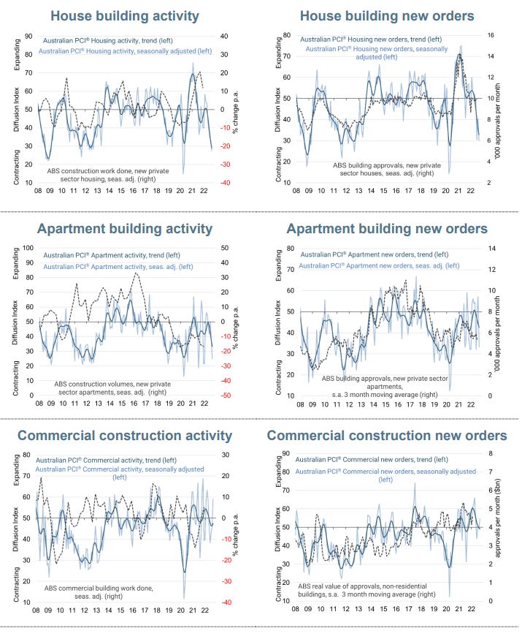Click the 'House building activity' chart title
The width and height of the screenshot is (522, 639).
coord(125,16)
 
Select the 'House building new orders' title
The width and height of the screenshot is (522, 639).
coord(387,16)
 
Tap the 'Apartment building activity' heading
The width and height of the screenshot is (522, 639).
coord(125,229)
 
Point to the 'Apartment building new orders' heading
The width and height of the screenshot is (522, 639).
coord(387,229)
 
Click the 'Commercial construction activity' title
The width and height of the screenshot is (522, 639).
coord(125,435)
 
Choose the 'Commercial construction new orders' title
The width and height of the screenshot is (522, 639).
coord(387,435)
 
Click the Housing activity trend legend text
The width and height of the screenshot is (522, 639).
coord(108,41)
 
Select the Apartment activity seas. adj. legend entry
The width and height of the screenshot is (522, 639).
coord(118,267)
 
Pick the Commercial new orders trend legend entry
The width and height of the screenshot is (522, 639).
coord(372,459)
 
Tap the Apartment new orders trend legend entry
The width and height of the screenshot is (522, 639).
coord(375,254)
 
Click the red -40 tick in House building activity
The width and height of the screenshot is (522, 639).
coord(225,183)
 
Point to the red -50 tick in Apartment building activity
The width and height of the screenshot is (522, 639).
coord(226,396)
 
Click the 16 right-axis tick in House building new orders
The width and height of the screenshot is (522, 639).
coord(491,35)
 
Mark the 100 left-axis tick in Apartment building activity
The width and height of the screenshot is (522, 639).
coord(28,248)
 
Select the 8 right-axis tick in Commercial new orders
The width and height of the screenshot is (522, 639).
coord(491,453)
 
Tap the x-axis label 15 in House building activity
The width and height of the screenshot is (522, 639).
coord(121,190)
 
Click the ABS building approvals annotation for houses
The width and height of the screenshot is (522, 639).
coord(387,169)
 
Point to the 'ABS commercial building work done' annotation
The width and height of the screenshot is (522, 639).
coord(99,592)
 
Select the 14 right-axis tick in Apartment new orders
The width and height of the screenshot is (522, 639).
coord(492,248)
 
